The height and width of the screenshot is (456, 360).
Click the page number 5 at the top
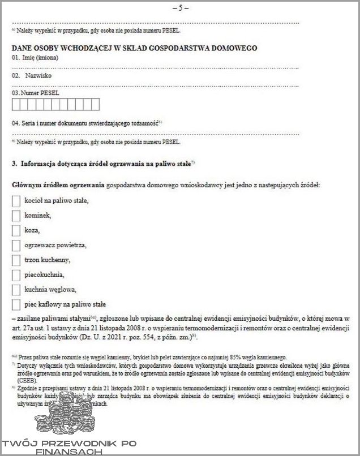[179, 8]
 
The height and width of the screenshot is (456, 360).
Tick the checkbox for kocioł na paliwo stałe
[16, 201]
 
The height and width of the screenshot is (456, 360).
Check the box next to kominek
[16, 216]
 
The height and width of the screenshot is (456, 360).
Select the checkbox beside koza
[16, 230]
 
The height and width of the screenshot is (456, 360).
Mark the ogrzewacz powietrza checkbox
[16, 245]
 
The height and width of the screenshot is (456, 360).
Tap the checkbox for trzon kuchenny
[16, 260]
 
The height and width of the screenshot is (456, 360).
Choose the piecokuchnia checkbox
[16, 275]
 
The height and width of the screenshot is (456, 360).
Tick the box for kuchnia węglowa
[16, 289]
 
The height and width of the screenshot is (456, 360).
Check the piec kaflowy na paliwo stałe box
[16, 304]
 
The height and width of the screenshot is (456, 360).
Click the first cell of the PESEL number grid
[15, 104]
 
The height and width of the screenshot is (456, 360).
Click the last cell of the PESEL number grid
[95, 104]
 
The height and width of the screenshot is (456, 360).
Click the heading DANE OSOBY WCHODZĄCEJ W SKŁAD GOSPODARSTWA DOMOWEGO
[134, 48]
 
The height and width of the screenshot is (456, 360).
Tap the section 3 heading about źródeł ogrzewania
[104, 164]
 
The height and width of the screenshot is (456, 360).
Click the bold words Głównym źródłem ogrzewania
[58, 184]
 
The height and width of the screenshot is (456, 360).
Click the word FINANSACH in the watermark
[67, 452]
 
